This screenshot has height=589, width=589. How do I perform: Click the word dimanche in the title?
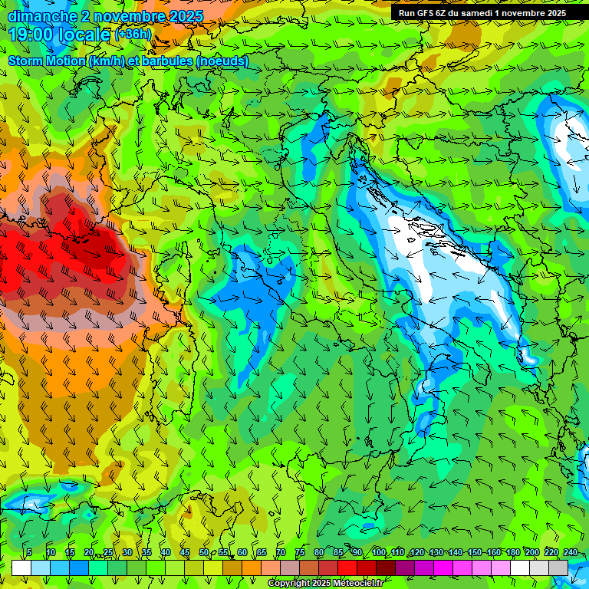(x=42, y=16)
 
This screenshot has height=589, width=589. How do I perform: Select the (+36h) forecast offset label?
(x=133, y=34)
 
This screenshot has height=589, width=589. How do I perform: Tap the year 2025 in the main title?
(x=185, y=16)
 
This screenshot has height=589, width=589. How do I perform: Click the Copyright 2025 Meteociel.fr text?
(x=325, y=584)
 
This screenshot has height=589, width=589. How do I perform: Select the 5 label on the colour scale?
(x=29, y=552)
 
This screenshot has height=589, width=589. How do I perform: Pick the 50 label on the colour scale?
(x=204, y=552)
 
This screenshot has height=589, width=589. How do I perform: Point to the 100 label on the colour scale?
(x=378, y=552)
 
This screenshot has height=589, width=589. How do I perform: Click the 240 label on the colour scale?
(x=571, y=552)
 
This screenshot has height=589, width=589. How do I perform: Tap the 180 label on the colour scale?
(x=512, y=552)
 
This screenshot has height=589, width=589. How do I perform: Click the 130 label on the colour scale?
(x=436, y=552)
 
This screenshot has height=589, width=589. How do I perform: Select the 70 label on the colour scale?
(x=281, y=552)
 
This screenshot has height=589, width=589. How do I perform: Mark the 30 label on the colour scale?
(x=127, y=552)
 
